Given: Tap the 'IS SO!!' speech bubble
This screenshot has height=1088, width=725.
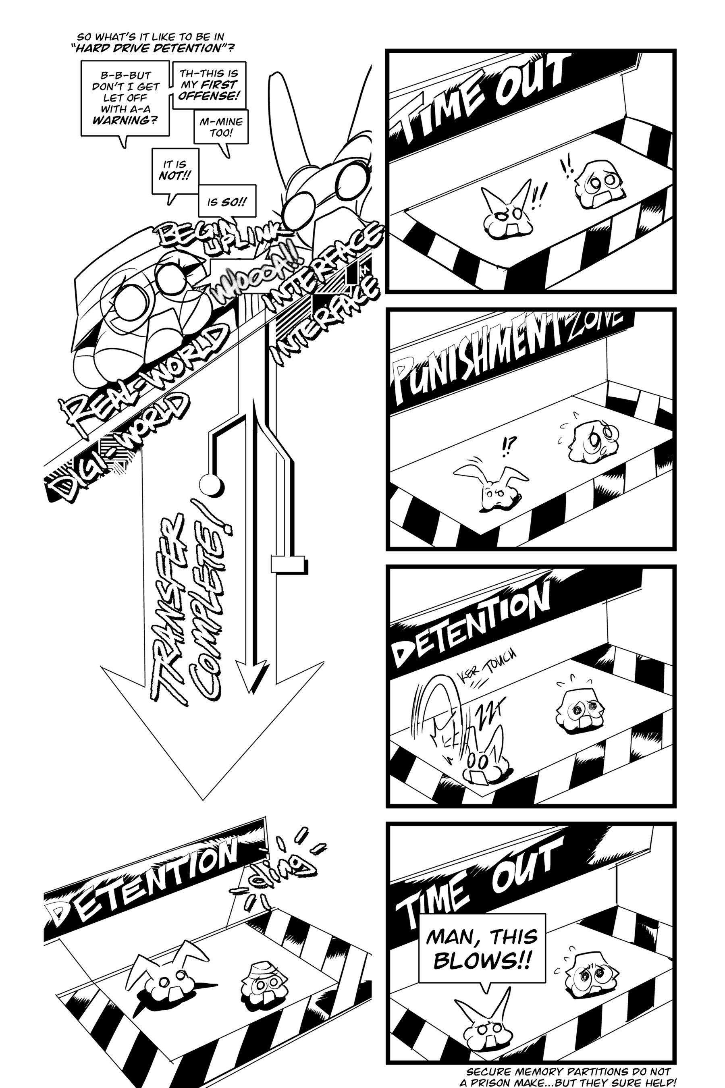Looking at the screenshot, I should [x=226, y=202].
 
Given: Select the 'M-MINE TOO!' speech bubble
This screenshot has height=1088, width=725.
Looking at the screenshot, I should [x=221, y=127].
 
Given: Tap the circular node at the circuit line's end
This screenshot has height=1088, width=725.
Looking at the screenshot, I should [x=210, y=485].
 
